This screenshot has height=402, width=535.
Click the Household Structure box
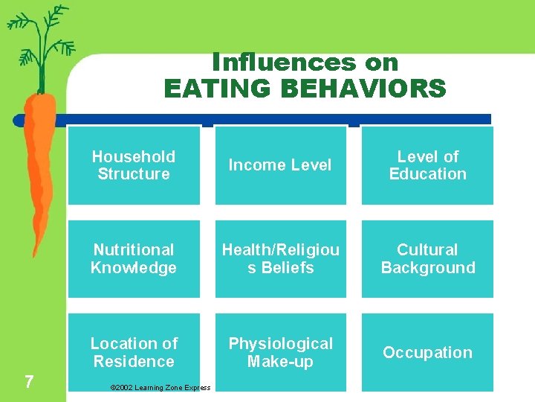pyautogui.click(x=134, y=165)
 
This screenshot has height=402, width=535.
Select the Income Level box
pyautogui.click(x=280, y=165)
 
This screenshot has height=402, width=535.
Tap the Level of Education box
pyautogui.click(x=427, y=165)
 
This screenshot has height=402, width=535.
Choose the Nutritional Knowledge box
pyautogui.click(x=134, y=259)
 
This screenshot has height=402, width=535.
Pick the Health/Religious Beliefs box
pyautogui.click(x=280, y=259)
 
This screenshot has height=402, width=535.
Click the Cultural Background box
pyautogui.click(x=427, y=259)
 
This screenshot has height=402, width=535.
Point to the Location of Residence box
pyautogui.click(x=134, y=352)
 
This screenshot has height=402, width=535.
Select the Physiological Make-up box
pyautogui.click(x=280, y=352)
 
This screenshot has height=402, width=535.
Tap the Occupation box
pyautogui.click(x=427, y=352)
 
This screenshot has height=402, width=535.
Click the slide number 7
pyautogui.click(x=28, y=382)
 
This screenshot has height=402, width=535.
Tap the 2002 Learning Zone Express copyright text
pyautogui.click(x=160, y=387)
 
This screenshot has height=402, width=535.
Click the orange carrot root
pyautogui.click(x=37, y=164)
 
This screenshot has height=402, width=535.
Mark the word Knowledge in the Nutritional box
pyautogui.click(x=134, y=268)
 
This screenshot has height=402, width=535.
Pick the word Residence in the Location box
pyautogui.click(x=134, y=362)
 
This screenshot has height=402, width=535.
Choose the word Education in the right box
pyautogui.click(x=427, y=174)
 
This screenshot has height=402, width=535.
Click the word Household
pyautogui.click(x=134, y=156)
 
